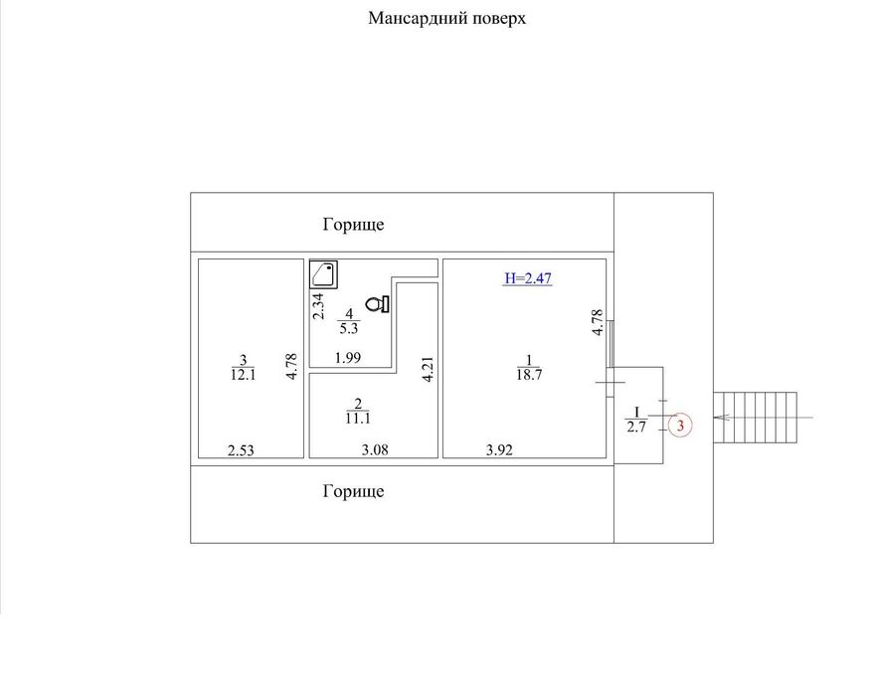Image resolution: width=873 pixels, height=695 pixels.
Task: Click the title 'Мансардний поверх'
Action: coord(446,18)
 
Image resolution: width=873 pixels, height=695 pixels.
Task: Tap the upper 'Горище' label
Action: coord(353,225)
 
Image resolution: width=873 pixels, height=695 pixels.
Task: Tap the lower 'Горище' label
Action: coord(353,491)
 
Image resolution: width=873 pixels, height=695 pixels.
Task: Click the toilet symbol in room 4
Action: coord(378,303)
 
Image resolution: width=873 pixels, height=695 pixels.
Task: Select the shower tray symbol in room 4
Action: coord(323,273)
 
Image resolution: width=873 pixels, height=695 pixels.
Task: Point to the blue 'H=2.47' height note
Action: coord(527,278)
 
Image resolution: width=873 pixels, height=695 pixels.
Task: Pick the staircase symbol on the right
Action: coord(760,416)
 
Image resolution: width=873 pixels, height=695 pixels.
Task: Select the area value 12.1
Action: coord(243,375)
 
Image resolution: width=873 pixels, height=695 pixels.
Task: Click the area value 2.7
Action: coord(636,429)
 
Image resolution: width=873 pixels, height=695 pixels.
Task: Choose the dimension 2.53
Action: coord(242,450)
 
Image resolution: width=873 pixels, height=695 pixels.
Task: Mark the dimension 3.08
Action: coord(374,450)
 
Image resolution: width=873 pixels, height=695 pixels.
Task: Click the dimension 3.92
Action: coord(500,450)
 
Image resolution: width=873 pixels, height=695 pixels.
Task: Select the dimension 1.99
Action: coord(347,358)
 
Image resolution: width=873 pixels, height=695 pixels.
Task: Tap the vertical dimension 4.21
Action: coord(428,369)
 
